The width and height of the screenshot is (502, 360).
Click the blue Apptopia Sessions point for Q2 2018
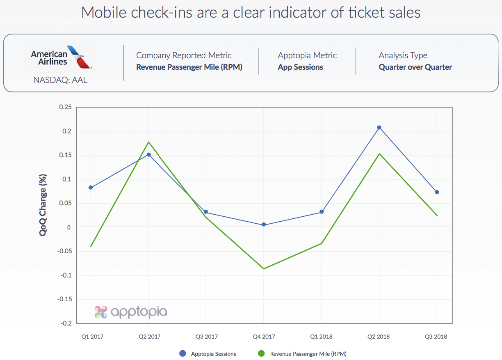pos(379,127)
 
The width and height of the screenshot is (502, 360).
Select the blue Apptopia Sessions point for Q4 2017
pos(264,225)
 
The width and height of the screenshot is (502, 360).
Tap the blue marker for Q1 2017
pos(91,188)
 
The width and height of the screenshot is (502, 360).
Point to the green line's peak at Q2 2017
pos(148,142)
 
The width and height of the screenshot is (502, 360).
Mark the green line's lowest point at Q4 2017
pos(264,269)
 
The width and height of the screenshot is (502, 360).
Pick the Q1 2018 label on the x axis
pos(322,337)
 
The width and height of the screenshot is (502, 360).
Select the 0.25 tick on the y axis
pos(65,107)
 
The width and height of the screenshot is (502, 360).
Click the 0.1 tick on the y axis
pos(67,179)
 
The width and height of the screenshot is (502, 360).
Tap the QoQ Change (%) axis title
pos(43,205)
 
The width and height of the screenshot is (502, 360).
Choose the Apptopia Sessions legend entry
pos(208,353)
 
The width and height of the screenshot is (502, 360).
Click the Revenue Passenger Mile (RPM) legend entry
pos(303,353)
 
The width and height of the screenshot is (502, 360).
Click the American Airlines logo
pos(61,57)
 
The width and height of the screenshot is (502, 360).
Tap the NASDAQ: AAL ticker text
pos(60,80)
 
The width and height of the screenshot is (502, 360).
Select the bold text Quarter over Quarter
pos(415,67)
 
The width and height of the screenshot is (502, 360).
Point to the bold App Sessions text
pos(300,67)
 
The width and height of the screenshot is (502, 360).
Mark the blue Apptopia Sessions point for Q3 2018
pos(437,192)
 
